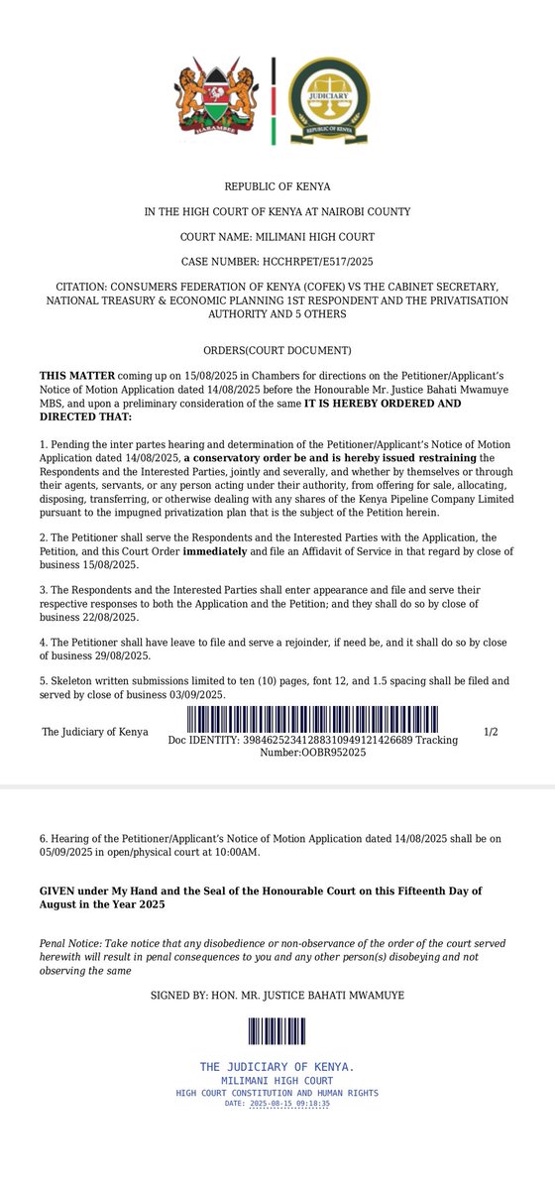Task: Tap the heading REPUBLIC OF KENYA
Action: pyautogui.click(x=277, y=186)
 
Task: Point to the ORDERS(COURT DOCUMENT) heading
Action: pyautogui.click(x=277, y=350)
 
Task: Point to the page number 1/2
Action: pyautogui.click(x=491, y=731)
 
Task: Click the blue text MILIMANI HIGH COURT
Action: pyautogui.click(x=277, y=1079)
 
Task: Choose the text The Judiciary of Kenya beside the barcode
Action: pyautogui.click(x=95, y=732)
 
